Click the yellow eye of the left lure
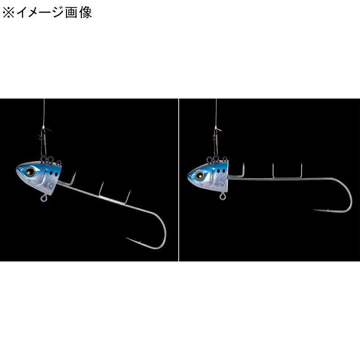pos(30,171)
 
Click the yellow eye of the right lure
pos(200,175)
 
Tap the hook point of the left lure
pos(126,238)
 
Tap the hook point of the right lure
pos(314,210)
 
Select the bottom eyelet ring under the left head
pos(44,198)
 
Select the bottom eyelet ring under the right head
pos(222,196)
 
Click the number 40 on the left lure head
pos(49,185)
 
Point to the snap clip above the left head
pos(43,142)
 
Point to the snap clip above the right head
pos(216,142)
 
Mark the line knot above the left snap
pos(44,128)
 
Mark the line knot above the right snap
pos(216,128)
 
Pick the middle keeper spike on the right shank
pos(273,171)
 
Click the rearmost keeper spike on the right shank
pos(301,171)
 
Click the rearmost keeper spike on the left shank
pos(128,197)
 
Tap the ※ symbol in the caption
pos(8,13)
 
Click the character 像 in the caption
pos(85,13)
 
